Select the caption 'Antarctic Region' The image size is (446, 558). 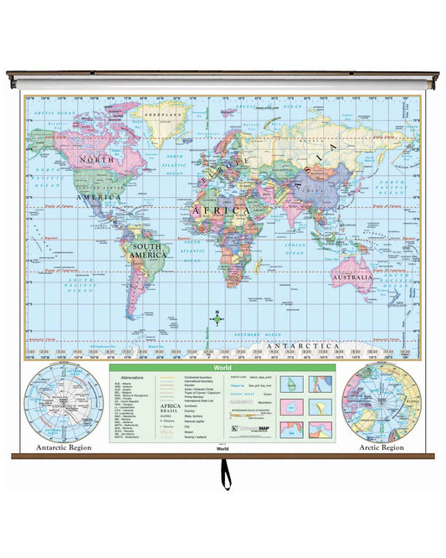coord(64,447)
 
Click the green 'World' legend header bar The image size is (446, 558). coord(222,367)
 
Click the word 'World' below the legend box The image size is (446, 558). coord(222,448)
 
